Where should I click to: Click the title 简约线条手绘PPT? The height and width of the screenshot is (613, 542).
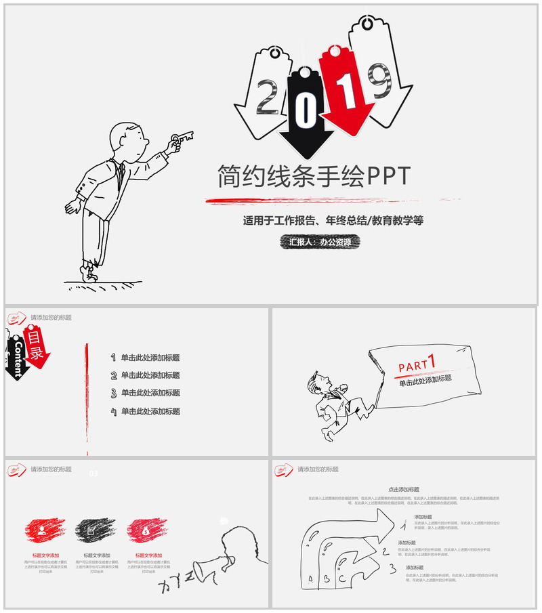click(x=314, y=176)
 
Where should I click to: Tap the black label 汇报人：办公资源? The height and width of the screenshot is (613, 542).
click(x=320, y=242)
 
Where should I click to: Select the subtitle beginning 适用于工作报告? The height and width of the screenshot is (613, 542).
click(x=333, y=221)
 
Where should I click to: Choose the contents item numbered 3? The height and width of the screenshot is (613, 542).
click(x=146, y=393)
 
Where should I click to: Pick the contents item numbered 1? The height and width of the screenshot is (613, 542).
click(x=146, y=358)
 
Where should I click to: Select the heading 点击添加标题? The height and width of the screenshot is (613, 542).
click(x=404, y=489)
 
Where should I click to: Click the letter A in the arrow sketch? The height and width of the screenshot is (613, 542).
click(x=311, y=578)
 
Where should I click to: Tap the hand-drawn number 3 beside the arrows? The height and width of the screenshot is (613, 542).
click(x=392, y=567)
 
